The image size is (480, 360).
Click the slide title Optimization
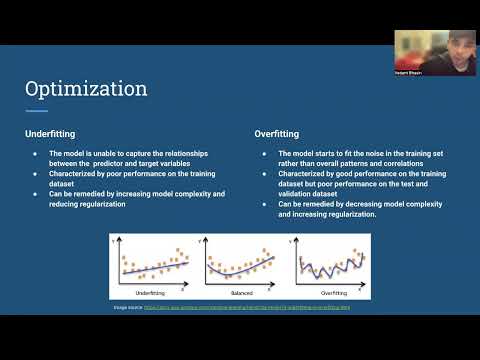tap(86, 89)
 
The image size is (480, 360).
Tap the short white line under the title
tap(36, 110)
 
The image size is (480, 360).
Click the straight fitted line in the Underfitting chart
tap(150, 267)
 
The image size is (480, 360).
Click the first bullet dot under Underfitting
tap(34, 153)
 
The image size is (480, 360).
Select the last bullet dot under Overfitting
tap(263, 204)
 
